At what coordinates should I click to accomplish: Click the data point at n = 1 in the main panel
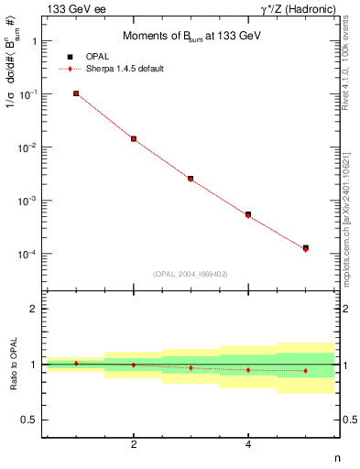(x=76, y=93)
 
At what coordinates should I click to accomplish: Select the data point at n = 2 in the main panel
(x=134, y=139)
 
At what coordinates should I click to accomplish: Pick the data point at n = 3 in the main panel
(x=191, y=179)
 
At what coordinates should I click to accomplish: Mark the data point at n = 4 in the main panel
(x=248, y=215)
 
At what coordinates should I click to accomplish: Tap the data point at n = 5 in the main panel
(x=305, y=248)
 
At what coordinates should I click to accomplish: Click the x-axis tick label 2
(x=134, y=444)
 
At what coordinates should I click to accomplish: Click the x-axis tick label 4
(x=248, y=444)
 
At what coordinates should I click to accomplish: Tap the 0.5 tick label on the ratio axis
(x=29, y=420)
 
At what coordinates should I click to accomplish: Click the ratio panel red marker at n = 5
(x=305, y=370)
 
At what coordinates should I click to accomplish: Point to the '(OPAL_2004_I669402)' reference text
(x=190, y=272)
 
